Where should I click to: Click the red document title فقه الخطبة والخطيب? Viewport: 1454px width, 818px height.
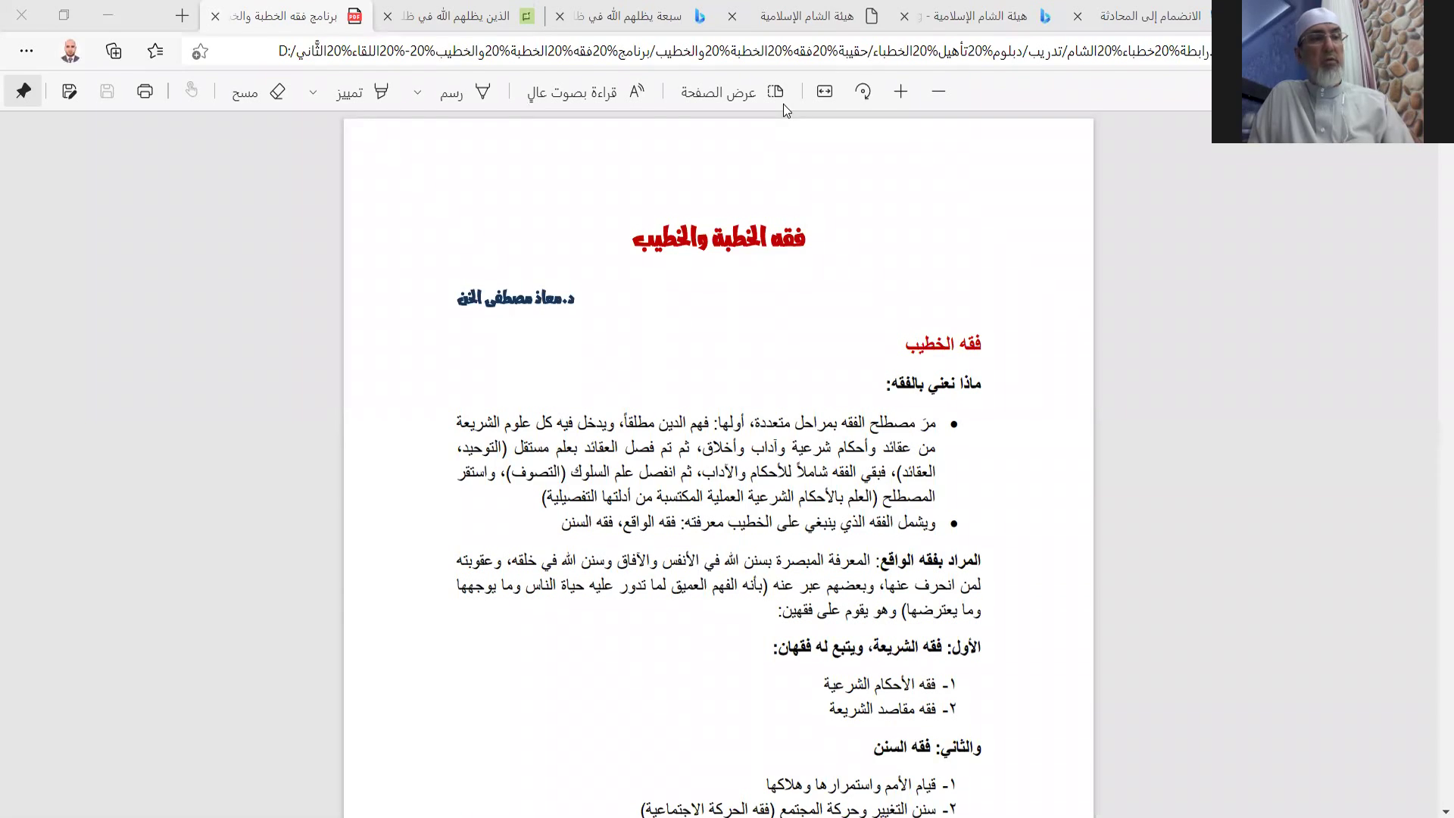click(718, 239)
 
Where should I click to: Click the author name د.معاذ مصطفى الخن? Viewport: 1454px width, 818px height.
click(516, 298)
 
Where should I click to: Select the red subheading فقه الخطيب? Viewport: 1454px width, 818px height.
click(943, 344)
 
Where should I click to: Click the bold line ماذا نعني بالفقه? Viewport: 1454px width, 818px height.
click(934, 384)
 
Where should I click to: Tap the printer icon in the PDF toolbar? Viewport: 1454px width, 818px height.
click(145, 92)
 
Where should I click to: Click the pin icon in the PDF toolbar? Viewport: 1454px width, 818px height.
click(23, 92)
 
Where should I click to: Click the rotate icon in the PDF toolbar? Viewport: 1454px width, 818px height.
click(863, 92)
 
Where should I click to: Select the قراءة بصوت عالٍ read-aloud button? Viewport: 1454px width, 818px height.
click(585, 92)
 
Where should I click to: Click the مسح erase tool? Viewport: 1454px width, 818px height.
click(258, 92)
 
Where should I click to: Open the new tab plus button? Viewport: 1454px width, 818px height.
click(183, 16)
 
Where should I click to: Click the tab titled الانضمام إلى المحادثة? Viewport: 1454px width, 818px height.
click(1150, 16)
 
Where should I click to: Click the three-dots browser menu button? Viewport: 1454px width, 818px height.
click(27, 51)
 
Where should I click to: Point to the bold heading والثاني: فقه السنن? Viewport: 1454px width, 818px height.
click(927, 748)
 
